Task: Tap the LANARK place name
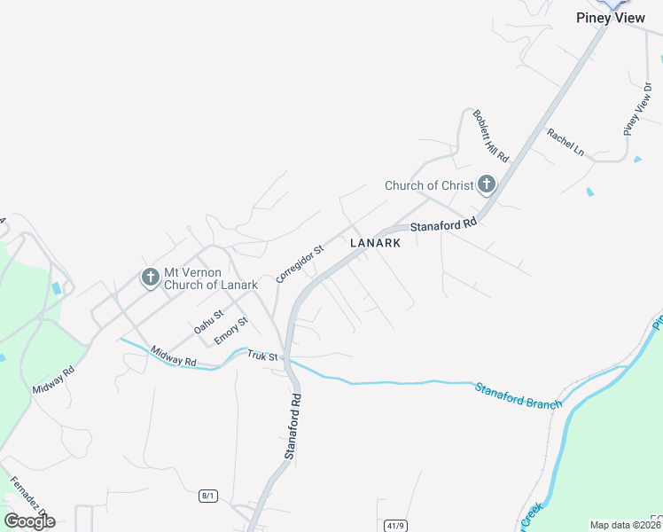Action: [x=376, y=243]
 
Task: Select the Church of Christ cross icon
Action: [x=486, y=184]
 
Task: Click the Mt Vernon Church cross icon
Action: [x=151, y=278]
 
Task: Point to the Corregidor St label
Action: [x=300, y=263]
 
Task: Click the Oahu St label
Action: [x=208, y=320]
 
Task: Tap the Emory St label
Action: [x=230, y=333]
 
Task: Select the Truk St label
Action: [x=262, y=356]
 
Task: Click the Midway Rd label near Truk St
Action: [x=173, y=356]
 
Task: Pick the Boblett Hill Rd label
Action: [x=490, y=136]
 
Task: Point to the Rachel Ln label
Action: [x=565, y=142]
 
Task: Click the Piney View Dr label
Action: [x=637, y=109]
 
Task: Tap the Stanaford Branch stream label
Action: [x=518, y=396]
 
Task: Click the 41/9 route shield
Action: [x=395, y=526]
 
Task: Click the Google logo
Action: [x=29, y=520]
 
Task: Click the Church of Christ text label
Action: [x=429, y=185]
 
